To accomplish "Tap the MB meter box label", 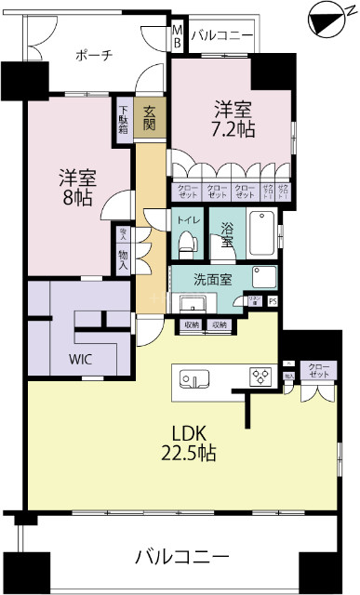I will pos(178,36).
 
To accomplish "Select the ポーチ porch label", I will pos(94,55).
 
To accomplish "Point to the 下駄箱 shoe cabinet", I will pos(124,117).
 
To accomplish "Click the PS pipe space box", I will pos(272,301).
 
